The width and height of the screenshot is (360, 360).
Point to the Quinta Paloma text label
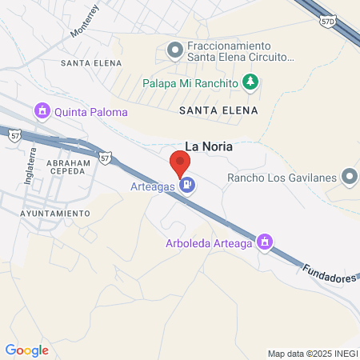[84, 110]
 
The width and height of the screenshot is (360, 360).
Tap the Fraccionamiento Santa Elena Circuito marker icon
[174, 51]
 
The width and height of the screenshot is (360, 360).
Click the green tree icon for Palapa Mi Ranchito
[251, 82]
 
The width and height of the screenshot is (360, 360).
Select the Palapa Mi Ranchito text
[191, 83]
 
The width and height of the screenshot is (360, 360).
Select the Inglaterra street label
[30, 166]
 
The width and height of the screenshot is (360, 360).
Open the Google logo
[26, 350]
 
